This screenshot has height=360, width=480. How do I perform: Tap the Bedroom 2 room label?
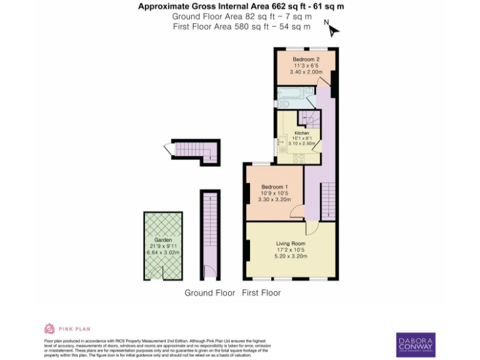point(306,59)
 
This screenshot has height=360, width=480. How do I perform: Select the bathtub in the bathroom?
point(291,96)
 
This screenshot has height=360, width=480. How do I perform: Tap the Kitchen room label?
point(302,133)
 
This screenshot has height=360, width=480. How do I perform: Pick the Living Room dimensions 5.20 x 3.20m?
point(291,256)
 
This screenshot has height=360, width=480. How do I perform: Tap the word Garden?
point(162,240)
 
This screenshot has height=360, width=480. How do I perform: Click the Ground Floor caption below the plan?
point(209,292)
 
